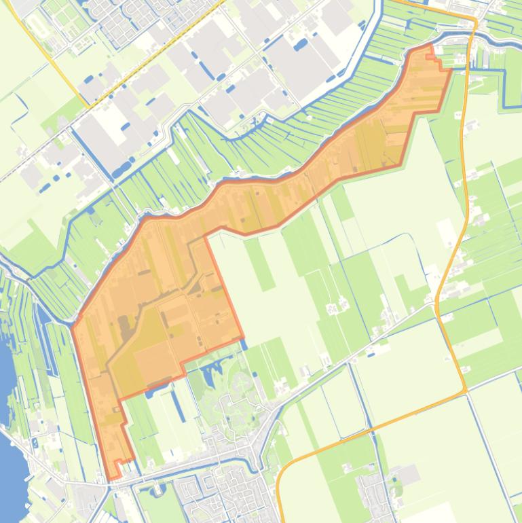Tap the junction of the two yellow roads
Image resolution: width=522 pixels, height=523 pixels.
[89, 105]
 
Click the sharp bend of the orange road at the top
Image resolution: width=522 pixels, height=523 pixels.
[474, 24]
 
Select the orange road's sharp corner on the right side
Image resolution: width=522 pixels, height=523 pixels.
[465, 391]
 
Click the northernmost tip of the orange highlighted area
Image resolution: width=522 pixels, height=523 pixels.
[429, 46]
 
